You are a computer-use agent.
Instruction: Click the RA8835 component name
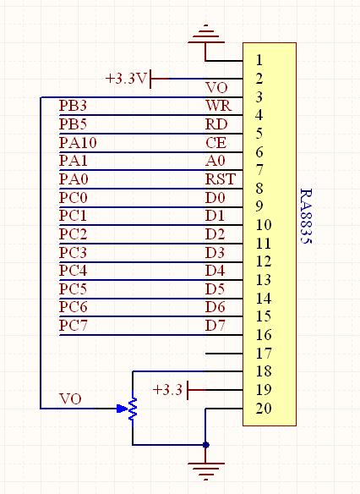(x=306, y=217)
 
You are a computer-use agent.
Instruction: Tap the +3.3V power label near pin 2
(x=126, y=79)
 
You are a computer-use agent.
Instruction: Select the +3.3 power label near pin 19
(x=167, y=390)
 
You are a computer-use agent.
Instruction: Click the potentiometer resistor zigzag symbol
(x=133, y=409)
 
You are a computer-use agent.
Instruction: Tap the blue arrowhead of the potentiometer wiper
(x=122, y=409)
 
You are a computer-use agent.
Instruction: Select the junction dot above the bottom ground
(x=206, y=445)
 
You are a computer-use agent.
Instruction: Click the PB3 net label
(x=73, y=106)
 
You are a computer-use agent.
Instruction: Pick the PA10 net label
(x=78, y=142)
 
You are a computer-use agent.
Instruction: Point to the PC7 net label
(x=73, y=325)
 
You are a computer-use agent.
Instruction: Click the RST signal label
(x=221, y=179)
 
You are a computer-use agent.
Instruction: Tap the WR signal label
(x=218, y=106)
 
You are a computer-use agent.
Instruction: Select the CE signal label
(x=215, y=142)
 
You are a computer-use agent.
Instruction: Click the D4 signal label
(x=215, y=271)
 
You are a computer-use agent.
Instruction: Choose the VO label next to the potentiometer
(x=70, y=399)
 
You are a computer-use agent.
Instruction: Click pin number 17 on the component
(x=264, y=354)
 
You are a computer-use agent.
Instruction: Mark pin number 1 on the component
(x=259, y=60)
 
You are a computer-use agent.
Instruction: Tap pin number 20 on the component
(x=264, y=409)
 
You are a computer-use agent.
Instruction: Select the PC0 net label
(x=73, y=198)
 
